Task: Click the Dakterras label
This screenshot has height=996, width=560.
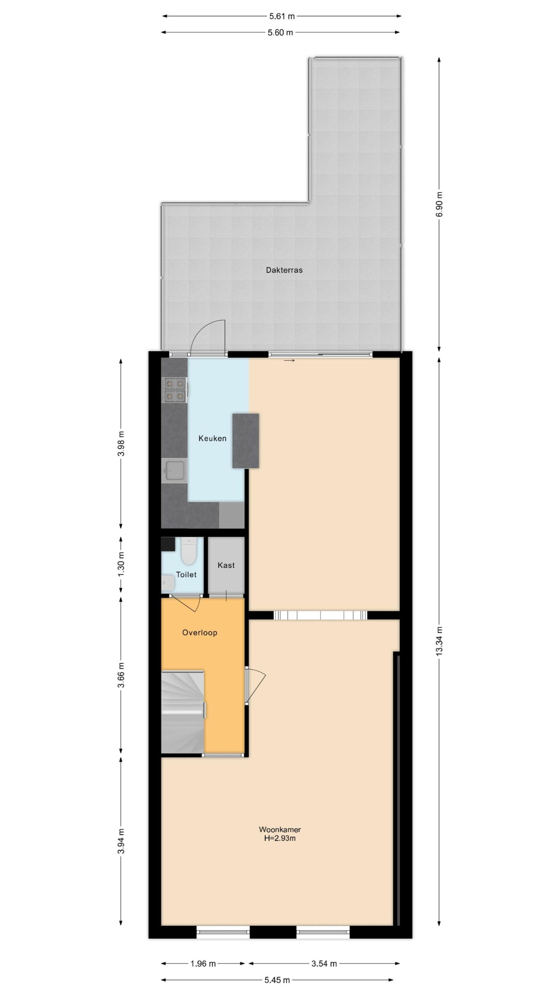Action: click(284, 270)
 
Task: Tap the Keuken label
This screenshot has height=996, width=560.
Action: click(212, 438)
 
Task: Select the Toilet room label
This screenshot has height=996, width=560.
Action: click(186, 575)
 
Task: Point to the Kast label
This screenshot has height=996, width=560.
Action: click(226, 565)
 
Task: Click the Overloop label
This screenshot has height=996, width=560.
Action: click(199, 633)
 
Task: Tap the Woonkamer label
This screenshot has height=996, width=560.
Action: click(280, 829)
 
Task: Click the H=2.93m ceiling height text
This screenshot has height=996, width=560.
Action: click(280, 838)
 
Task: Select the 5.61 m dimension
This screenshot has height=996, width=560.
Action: click(282, 16)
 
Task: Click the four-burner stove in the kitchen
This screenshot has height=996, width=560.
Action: click(175, 389)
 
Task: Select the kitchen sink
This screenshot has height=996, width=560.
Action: click(174, 471)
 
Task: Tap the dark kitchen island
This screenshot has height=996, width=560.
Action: click(246, 441)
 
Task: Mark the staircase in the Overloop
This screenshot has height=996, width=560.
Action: click(183, 712)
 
